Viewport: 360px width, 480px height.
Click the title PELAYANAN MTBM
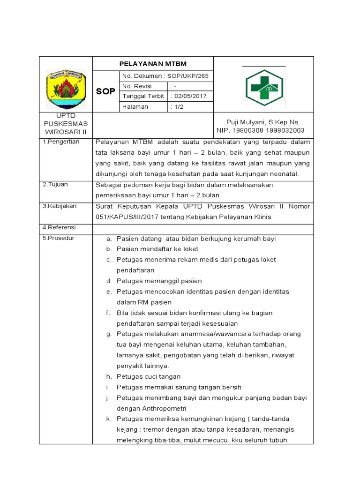coord(153,64)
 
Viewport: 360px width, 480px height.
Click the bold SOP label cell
coord(105,91)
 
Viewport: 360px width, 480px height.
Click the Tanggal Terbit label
coord(143,96)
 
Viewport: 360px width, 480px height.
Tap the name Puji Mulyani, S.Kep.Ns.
coord(263,122)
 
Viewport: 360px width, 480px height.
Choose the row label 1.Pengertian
coord(61,142)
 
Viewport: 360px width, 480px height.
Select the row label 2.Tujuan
coord(55,184)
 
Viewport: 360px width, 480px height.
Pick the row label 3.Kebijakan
coord(60,206)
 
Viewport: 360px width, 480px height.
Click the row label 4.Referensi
coord(59,227)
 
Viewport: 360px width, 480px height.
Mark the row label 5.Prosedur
coord(59,238)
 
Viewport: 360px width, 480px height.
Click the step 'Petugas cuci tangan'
coord(148,376)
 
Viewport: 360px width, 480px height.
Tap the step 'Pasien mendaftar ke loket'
coord(157,249)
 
